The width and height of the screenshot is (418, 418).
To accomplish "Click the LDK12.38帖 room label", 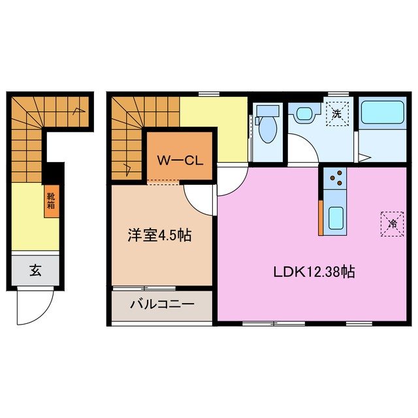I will click(313, 272).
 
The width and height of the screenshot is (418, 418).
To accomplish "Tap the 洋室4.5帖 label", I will click(159, 236).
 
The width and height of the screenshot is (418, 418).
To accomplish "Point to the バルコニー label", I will click(161, 304).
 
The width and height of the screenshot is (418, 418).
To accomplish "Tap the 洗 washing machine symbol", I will click(337, 114).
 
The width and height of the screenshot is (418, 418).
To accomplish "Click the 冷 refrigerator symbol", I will click(393, 223).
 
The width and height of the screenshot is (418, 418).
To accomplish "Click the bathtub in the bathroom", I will click(382, 121).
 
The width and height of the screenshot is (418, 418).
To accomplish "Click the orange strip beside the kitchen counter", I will click(321, 217).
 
